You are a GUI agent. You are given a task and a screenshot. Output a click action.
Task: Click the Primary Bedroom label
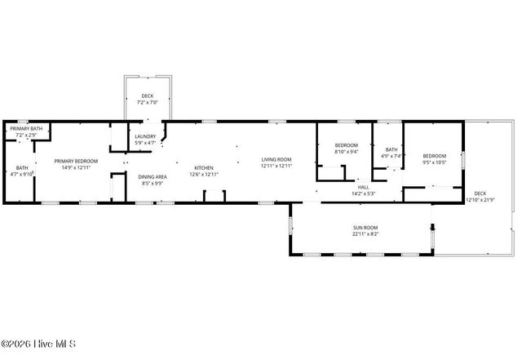click(x=76, y=161)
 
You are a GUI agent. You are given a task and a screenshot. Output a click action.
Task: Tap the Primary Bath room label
click(x=26, y=128)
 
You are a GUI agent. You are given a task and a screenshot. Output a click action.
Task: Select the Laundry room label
click(x=145, y=136)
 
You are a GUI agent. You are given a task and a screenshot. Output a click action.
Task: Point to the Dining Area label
click(x=153, y=177)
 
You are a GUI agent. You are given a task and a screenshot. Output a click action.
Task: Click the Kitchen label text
click(x=204, y=167)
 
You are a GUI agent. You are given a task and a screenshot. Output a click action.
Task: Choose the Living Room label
click(x=276, y=159)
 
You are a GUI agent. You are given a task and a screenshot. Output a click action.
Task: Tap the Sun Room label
click(x=365, y=228)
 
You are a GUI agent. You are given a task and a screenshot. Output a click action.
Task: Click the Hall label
click(x=364, y=188)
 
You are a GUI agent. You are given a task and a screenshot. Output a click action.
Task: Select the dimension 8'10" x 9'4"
click(x=347, y=152)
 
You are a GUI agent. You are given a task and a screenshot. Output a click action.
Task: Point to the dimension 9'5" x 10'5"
click(x=434, y=162)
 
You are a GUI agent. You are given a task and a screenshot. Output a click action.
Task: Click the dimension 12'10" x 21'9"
click(x=481, y=199)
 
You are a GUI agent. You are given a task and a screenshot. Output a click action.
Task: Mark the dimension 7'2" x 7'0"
click(x=148, y=103)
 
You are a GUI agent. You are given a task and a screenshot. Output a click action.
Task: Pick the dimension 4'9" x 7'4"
click(x=391, y=155)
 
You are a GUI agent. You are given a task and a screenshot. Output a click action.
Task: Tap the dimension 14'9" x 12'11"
click(x=76, y=167)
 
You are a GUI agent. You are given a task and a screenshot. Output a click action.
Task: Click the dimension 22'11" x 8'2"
click(x=365, y=234)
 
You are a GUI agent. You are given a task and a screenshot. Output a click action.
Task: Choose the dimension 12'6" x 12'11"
click(x=204, y=174)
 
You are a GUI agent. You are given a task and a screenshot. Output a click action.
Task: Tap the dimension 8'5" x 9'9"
click(x=153, y=184)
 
